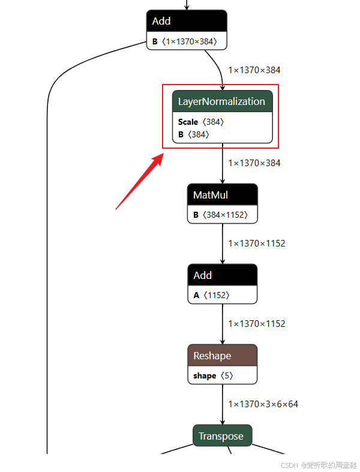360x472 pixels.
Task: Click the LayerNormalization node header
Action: (222, 101)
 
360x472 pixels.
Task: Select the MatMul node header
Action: (222, 194)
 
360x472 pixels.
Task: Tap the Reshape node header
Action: (222, 355)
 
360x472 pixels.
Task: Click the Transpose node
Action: (222, 436)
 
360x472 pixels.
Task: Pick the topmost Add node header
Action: (187, 21)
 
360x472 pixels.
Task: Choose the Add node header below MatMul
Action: (222, 275)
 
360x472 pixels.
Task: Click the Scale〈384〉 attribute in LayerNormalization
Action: (201, 122)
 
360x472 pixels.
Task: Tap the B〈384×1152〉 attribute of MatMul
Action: (220, 215)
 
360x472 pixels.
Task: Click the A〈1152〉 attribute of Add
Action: (212, 295)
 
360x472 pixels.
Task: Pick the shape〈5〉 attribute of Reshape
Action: (213, 376)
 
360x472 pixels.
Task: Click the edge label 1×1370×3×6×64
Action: (263, 404)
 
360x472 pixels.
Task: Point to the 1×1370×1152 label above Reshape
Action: (257, 324)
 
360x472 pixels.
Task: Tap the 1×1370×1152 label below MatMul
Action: (257, 243)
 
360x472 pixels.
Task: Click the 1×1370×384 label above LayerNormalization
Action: (254, 70)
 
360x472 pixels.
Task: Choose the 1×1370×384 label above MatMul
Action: (254, 163)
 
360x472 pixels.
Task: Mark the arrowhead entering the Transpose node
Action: (222, 422)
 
